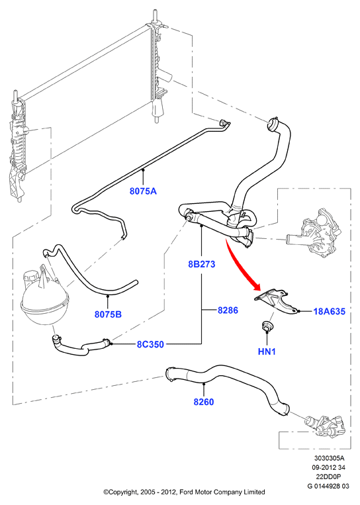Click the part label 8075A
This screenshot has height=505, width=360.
143,191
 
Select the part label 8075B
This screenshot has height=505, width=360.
108,314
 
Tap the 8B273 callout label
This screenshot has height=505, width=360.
202,264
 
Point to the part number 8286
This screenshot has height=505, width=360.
228,310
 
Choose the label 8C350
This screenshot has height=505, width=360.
150,344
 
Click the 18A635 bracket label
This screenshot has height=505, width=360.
330,312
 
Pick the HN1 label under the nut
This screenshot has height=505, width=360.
267,351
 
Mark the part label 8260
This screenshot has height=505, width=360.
204,402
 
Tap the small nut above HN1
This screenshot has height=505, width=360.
267,326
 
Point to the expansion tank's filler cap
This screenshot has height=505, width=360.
32,277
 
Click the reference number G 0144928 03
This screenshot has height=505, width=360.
328,486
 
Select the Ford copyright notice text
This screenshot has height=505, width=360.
184,492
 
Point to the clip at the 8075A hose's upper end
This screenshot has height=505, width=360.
224,123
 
